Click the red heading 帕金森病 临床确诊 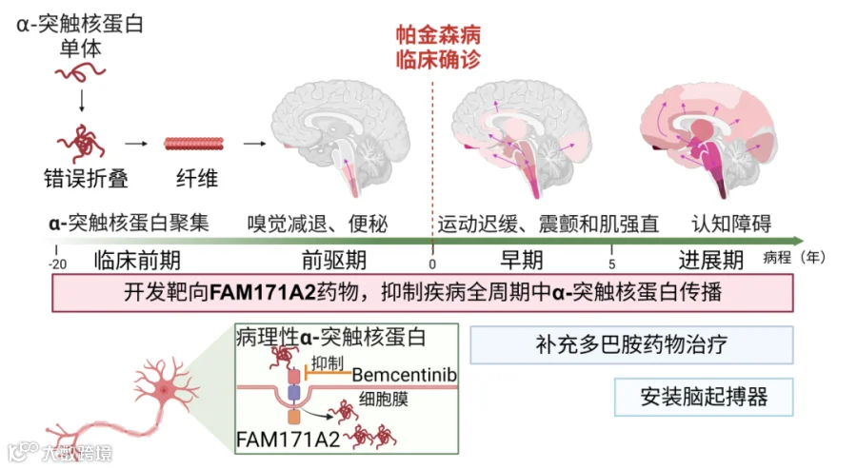tap(438, 48)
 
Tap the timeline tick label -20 tap(57, 264)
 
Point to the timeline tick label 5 tap(611, 264)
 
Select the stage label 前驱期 tap(334, 261)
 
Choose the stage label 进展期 tap(710, 261)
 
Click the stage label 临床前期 tap(137, 261)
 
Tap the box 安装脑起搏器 tap(704, 397)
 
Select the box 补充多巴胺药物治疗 tap(631, 345)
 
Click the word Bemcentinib tap(405, 375)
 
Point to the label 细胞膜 tap(383, 400)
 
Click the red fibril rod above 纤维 tap(194, 144)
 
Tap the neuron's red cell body tap(164, 390)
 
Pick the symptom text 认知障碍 tap(731, 224)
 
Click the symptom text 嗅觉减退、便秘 tap(317, 224)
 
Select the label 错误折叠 tap(86, 179)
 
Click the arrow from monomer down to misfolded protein tap(82, 101)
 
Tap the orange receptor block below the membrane tap(294, 417)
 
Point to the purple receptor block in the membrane tap(294, 393)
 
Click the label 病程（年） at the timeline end tap(793, 257)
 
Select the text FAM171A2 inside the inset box tap(288, 440)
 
